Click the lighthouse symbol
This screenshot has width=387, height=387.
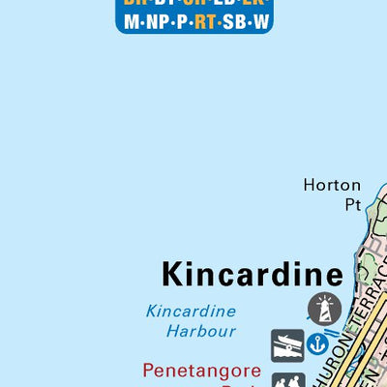pos(324,310)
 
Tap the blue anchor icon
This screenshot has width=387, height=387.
pos(316,342)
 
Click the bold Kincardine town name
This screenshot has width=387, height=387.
pos(252,274)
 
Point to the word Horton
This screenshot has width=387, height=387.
pos(332,185)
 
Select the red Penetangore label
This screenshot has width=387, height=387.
pos(202,370)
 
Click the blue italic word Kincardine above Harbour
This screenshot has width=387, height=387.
pos(191,312)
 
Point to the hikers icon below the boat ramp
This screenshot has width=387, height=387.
pos(288,380)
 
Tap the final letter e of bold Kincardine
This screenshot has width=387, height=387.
pos(334,275)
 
